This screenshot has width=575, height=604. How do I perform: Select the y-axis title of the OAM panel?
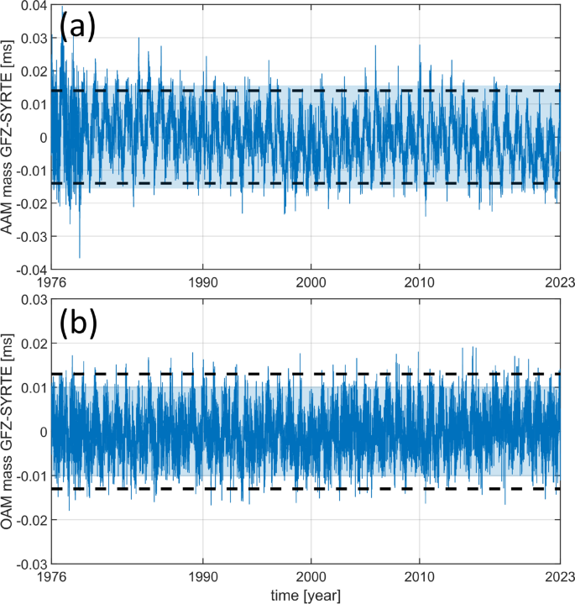[9, 430]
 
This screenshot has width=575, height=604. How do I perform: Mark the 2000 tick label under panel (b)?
[311, 575]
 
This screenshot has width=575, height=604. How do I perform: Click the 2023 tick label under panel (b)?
[558, 575]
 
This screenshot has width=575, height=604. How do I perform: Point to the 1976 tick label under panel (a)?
[52, 282]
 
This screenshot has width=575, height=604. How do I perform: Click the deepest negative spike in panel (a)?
[80, 256]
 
